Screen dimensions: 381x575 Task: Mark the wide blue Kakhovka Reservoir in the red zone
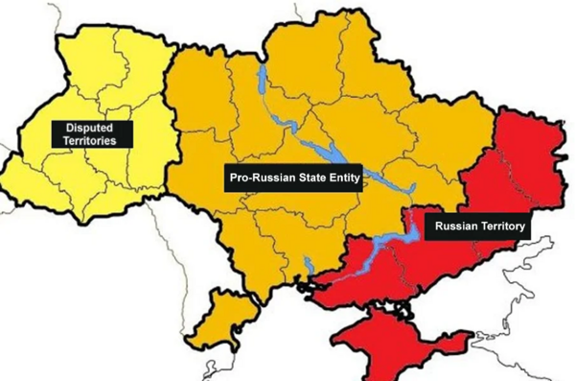tap(383, 245)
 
